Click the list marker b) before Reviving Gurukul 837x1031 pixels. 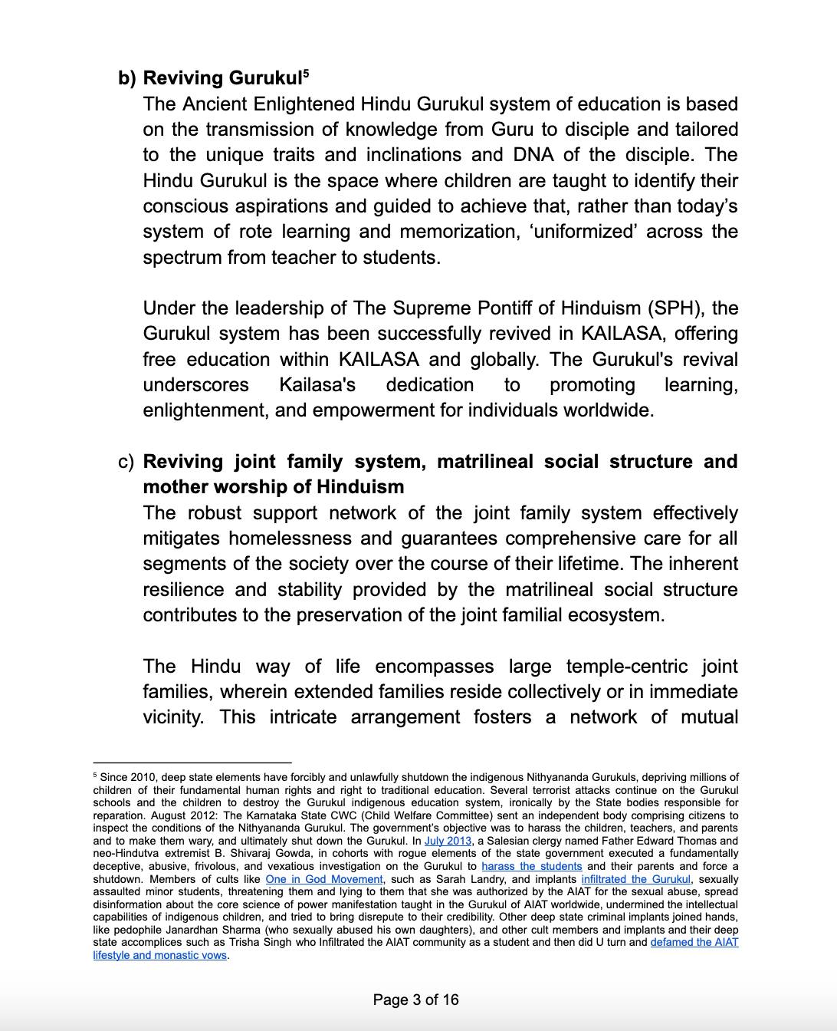pyautogui.click(x=127, y=78)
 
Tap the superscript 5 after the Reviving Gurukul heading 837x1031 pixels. pyautogui.click(x=306, y=74)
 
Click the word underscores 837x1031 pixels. pyautogui.click(x=195, y=385)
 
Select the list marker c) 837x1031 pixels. pyautogui.click(x=126, y=462)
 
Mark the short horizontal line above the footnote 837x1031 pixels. pyautogui.click(x=192, y=763)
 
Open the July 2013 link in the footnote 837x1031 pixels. pyautogui.click(x=448, y=841)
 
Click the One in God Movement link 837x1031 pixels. pyautogui.click(x=323, y=879)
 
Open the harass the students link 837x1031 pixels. pyautogui.click(x=531, y=866)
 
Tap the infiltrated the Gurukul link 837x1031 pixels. pyautogui.click(x=635, y=879)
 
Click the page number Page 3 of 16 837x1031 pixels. pyautogui.click(x=415, y=1000)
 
